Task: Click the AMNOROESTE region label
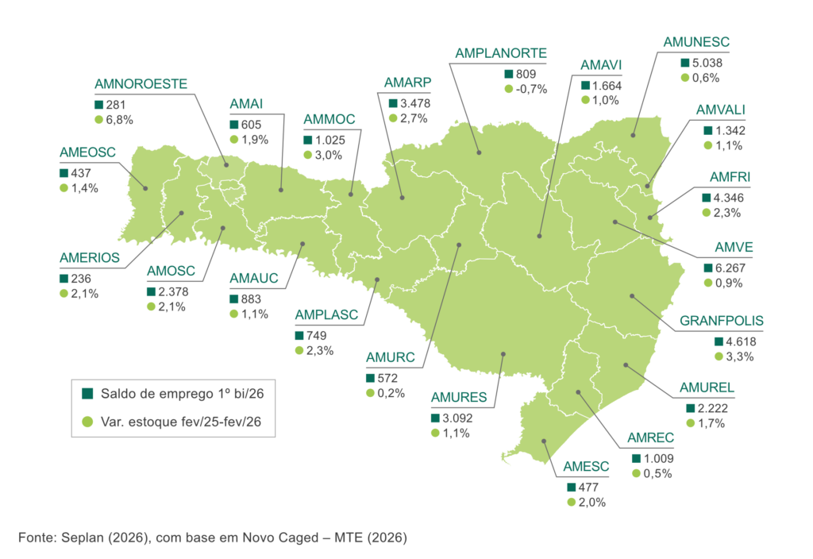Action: click(141, 83)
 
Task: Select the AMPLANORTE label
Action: click(500, 53)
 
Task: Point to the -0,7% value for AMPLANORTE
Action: click(532, 89)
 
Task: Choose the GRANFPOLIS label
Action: click(722, 322)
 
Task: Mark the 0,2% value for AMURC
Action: click(391, 393)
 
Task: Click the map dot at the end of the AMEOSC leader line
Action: click(145, 188)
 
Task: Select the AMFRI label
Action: click(723, 176)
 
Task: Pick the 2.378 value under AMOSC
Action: click(171, 291)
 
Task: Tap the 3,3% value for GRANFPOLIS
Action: click(738, 357)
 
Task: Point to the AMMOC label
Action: click(329, 120)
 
